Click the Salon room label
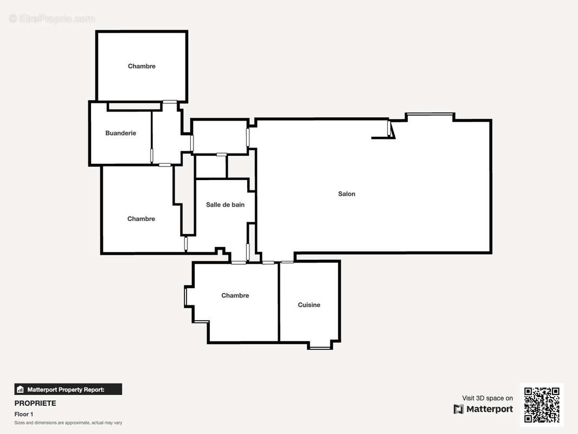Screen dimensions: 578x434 [x=346, y=194]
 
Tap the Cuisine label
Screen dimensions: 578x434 [x=309, y=305]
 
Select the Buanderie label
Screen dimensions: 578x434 [x=120, y=133]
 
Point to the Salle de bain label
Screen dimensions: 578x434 [x=225, y=205]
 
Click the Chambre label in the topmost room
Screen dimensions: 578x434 [x=142, y=66]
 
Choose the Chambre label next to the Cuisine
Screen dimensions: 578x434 [x=235, y=296]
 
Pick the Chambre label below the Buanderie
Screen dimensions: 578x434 [x=141, y=219]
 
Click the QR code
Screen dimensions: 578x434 [x=542, y=405]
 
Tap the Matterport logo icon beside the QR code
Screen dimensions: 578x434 [x=459, y=409]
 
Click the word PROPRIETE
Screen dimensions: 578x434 [x=35, y=404]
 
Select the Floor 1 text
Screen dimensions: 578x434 [x=24, y=414]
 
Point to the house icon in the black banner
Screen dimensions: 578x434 [x=20, y=390]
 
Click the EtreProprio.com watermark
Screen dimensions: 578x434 [x=52, y=18]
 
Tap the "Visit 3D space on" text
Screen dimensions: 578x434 [x=487, y=398]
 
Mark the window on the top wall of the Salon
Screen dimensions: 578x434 [x=429, y=114]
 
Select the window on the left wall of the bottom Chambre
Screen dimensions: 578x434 [x=186, y=296]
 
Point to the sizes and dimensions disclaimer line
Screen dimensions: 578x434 [x=68, y=423]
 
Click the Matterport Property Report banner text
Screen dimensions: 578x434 [x=66, y=390]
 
